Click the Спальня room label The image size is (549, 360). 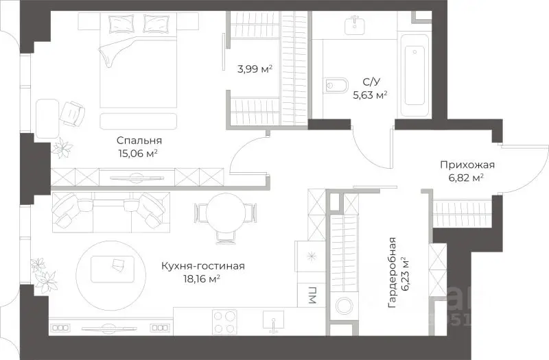click(x=139, y=141)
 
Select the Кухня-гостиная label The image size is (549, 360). click(x=202, y=266)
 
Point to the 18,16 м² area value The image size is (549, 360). click(x=201, y=278)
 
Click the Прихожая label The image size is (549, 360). click(x=467, y=165)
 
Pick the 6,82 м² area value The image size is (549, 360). click(x=466, y=178)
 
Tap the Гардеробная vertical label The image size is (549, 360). click(x=392, y=272)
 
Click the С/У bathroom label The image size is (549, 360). click(x=371, y=82)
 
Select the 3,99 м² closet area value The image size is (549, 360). click(x=255, y=69)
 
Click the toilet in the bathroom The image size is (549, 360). click(x=336, y=85)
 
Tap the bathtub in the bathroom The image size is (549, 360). click(x=414, y=75)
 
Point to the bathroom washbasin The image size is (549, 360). click(x=355, y=24)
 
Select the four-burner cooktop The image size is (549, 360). click(x=224, y=322)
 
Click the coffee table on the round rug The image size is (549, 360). click(x=113, y=269)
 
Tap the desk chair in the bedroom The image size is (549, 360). click(x=73, y=112)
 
